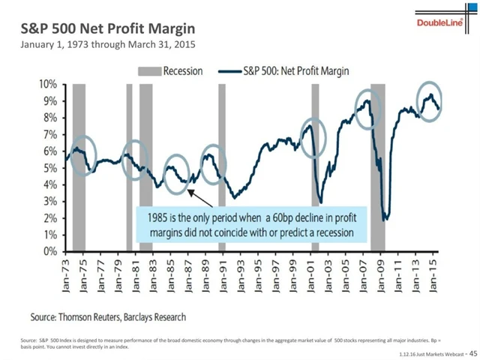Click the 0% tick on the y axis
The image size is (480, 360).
pyautogui.click(x=49, y=251)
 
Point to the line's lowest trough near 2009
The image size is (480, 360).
pyautogui.click(x=385, y=219)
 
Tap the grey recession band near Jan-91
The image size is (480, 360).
pyautogui.click(x=222, y=165)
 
